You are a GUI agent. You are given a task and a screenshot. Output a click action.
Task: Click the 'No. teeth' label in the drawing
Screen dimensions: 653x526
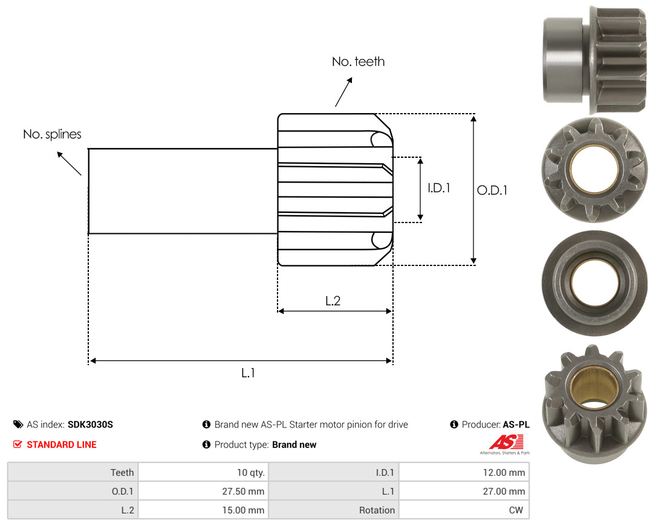pos(358,62)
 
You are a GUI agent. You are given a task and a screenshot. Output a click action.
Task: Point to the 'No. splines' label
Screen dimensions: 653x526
pos(52,134)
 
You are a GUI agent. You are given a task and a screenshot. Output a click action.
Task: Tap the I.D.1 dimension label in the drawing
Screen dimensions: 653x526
pos(439,188)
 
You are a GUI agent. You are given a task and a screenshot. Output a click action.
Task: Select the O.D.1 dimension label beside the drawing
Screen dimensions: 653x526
pos(492,190)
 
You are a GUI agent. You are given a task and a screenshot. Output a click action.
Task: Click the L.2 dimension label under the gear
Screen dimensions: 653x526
pos(333,300)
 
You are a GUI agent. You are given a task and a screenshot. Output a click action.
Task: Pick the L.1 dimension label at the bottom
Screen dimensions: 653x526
pos(249,373)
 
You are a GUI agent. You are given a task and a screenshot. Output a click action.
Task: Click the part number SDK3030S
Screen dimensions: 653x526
pos(90,424)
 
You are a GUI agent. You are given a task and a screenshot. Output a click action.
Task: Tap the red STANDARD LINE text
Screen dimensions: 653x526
pos(62,444)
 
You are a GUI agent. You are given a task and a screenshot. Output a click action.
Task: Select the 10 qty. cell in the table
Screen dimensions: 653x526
pos(203,472)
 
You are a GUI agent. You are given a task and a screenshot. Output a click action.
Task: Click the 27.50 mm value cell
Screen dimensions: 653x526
pos(203,491)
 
